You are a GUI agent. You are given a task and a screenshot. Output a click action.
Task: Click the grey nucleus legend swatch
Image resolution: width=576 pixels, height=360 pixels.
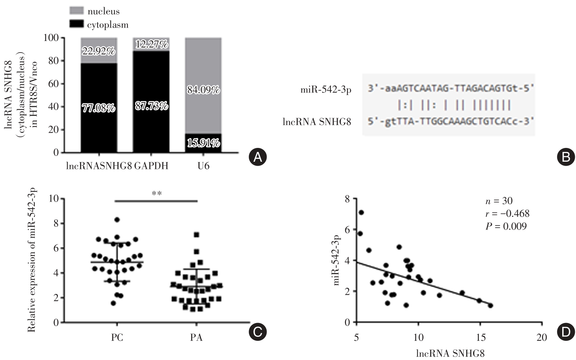76,11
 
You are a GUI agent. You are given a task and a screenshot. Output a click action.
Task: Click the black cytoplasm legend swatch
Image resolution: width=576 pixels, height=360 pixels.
76,24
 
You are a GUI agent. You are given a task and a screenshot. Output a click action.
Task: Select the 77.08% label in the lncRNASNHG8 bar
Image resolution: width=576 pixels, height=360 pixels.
99,108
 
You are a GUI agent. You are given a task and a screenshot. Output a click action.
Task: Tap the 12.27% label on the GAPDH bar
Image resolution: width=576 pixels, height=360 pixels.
151,44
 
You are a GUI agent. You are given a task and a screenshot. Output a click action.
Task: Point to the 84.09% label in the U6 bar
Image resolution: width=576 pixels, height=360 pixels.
203,90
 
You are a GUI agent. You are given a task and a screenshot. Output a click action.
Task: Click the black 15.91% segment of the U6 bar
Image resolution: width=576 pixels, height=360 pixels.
203,143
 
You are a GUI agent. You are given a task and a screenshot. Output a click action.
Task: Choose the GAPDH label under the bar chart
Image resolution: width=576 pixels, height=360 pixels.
151,166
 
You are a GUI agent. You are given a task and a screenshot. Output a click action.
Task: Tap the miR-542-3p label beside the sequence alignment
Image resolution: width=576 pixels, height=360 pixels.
326,90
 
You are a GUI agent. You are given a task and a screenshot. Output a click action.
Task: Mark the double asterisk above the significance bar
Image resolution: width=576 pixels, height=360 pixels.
156,194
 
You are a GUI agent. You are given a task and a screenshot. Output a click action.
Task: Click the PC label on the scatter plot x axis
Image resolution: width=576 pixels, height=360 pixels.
117,338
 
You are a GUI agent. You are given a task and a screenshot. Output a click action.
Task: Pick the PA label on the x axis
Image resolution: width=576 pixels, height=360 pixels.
196,338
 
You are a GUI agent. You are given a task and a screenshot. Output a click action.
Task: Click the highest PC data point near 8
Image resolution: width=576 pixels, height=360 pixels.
117,220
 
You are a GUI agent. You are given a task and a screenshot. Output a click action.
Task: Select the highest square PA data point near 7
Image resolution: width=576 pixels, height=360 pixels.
196,235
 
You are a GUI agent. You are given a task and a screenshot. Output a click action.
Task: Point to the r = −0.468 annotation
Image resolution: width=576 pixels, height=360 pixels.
507,214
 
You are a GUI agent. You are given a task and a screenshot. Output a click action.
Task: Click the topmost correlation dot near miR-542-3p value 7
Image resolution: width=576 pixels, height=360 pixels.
361,212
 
